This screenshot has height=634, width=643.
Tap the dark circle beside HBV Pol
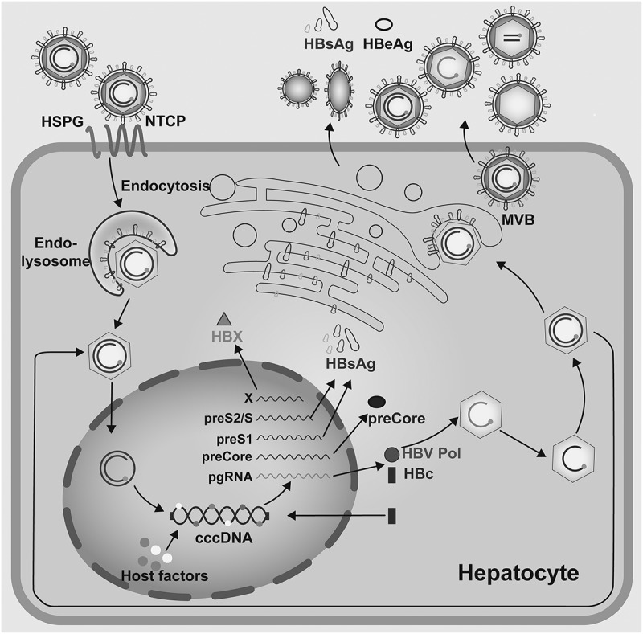391,454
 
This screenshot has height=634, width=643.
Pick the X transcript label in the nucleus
248,397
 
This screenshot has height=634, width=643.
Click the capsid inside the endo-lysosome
134,262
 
